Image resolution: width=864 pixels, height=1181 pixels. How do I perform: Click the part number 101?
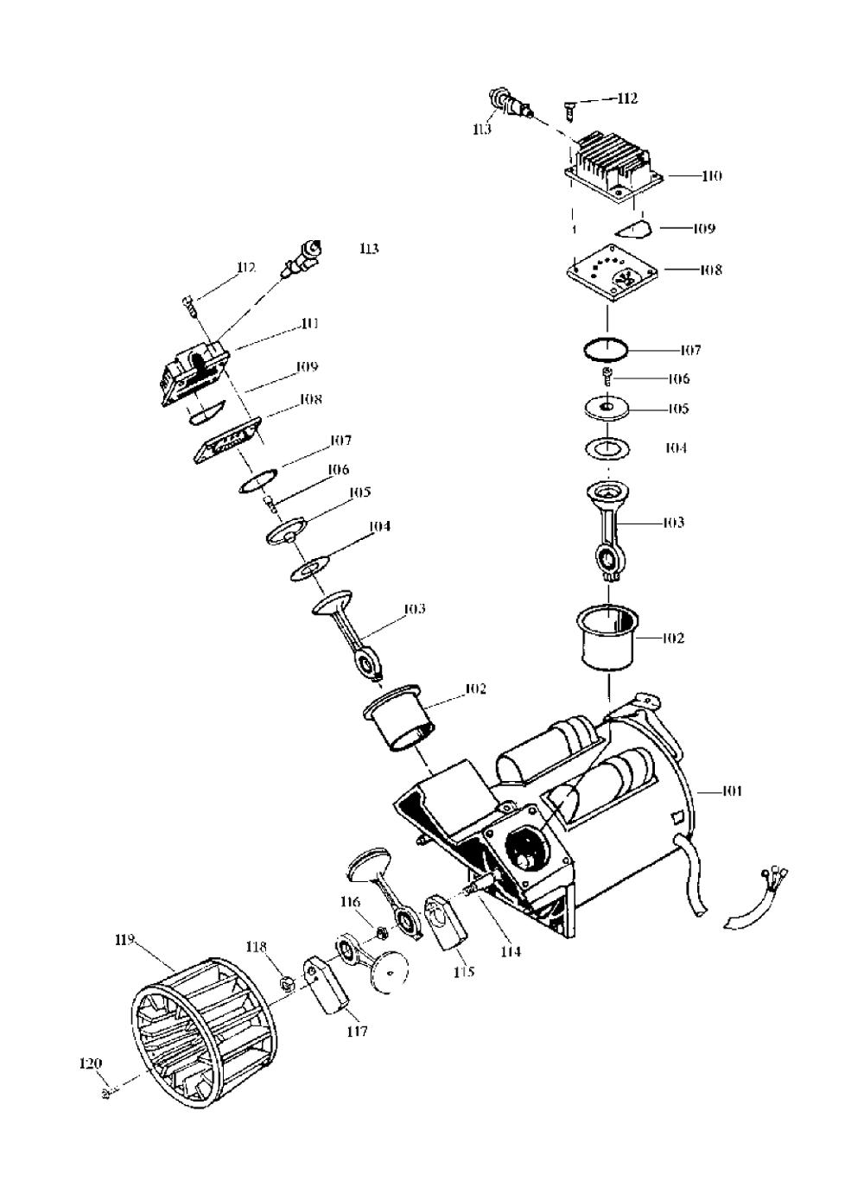[731, 790]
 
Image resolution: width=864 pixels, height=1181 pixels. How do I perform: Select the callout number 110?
[711, 175]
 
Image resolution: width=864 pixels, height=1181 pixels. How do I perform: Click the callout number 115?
[464, 972]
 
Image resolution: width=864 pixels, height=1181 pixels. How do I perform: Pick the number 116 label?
[349, 903]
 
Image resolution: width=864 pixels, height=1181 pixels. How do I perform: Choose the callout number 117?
[357, 1031]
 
